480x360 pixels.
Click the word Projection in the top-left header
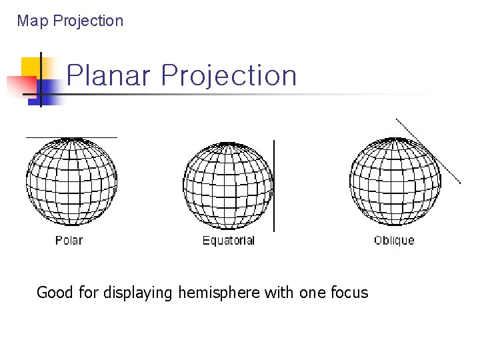coord(88,21)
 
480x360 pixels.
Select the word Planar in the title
coord(109,75)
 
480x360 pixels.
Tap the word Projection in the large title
coord(229,75)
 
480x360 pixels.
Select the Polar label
coord(69,240)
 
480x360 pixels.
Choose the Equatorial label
coord(229,240)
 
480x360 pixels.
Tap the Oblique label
coord(394,240)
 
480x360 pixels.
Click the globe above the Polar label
coord(71,181)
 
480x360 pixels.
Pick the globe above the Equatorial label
coord(228,185)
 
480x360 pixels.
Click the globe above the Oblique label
coord(395,181)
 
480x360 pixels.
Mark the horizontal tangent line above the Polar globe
coord(71,137)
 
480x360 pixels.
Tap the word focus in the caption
coord(349,292)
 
